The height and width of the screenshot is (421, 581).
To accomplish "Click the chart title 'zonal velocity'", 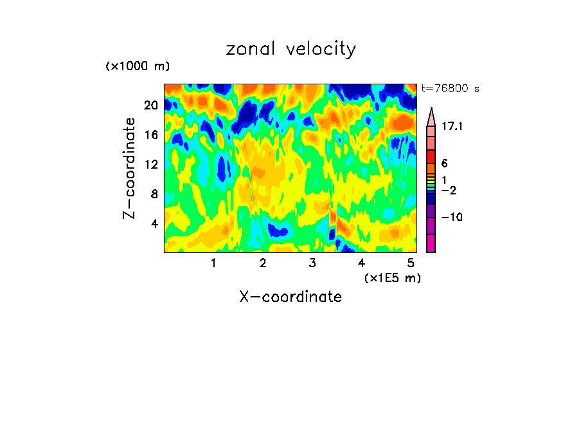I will point(290,50).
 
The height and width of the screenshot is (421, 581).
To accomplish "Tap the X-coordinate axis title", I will point(290,297).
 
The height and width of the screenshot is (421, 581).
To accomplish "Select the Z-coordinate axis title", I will point(130,168).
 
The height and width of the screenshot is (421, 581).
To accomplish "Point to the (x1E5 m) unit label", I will point(392,277).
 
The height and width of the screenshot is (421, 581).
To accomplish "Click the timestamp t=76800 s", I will point(451,89).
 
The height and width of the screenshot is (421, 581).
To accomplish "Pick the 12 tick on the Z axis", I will point(151,164).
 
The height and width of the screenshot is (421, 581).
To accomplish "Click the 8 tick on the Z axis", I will point(154,194).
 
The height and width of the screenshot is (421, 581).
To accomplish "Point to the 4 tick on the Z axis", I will point(154,223).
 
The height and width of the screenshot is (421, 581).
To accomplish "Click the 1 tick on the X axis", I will point(213,263).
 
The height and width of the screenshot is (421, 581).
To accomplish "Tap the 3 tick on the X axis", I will point(312,263).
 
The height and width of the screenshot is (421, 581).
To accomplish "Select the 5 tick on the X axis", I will point(411,263).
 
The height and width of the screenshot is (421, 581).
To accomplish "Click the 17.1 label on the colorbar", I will point(452,127).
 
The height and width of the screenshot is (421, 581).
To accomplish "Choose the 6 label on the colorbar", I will point(444,164).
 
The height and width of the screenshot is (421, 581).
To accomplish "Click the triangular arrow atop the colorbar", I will point(431,116).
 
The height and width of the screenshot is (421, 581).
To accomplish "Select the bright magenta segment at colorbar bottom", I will point(431,243).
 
